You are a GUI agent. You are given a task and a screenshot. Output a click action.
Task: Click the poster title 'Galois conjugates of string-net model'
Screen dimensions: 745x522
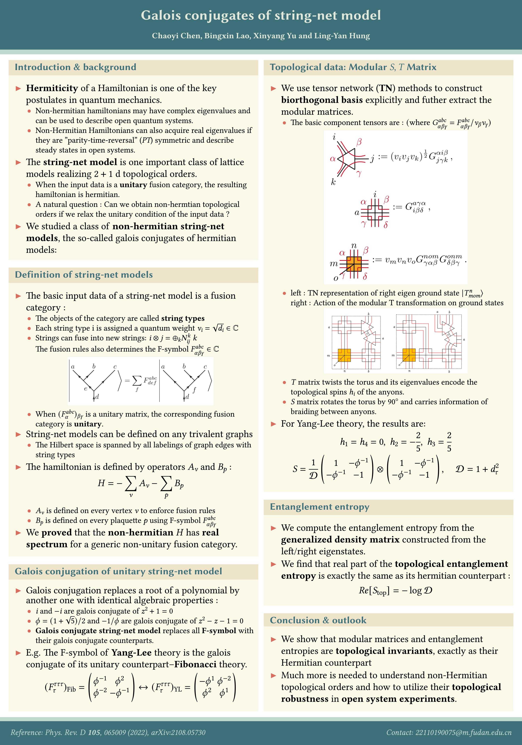(261, 15)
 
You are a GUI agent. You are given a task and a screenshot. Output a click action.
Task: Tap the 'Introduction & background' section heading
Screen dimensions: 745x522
(75, 67)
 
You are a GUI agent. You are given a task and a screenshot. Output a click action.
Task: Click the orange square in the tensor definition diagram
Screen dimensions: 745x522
(354, 263)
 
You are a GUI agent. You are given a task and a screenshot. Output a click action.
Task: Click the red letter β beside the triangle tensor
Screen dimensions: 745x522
(359, 142)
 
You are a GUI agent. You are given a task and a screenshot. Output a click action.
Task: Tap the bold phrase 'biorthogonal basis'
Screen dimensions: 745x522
(322, 100)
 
